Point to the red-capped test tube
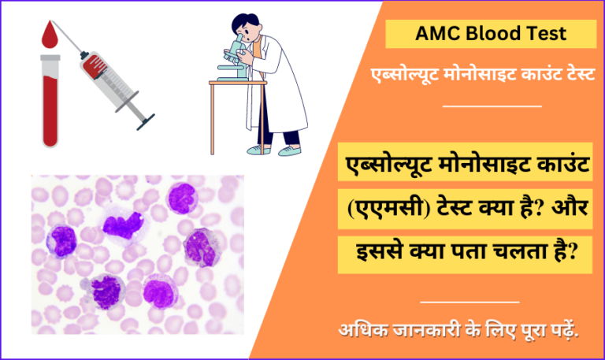tap(50, 98)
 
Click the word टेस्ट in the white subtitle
tap(573, 73)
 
